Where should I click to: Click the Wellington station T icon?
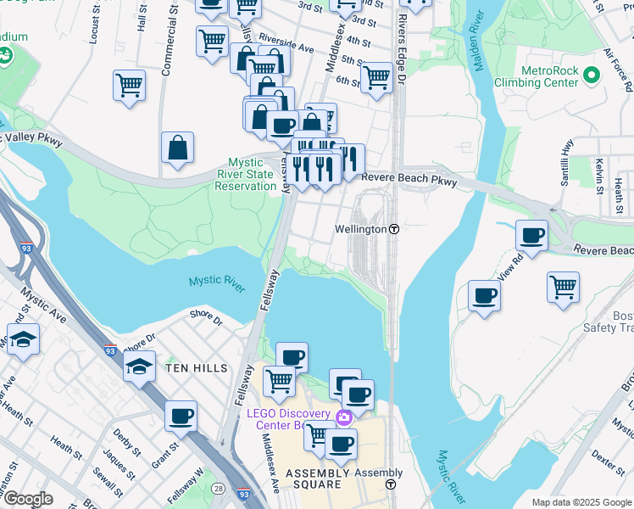(394, 230)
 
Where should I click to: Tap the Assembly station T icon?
(390, 484)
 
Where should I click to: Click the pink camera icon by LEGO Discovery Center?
(344, 417)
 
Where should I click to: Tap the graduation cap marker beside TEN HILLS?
(139, 367)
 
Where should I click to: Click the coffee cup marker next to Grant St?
(181, 417)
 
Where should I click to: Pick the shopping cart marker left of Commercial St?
(129, 85)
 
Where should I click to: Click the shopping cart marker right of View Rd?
(563, 288)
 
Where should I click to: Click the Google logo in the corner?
(27, 499)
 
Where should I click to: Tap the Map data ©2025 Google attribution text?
(581, 502)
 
